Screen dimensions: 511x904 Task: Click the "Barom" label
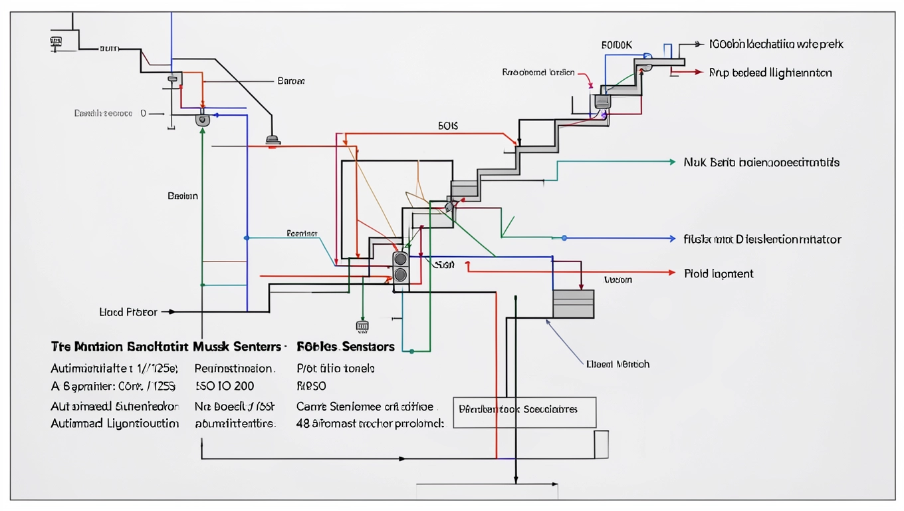point(290,81)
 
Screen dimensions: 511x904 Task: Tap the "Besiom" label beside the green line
point(183,196)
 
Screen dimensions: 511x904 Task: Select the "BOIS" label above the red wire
point(448,125)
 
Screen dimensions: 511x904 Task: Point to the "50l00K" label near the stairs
point(616,45)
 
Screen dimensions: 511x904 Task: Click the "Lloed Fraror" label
point(128,311)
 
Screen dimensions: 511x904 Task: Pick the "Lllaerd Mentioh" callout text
point(618,364)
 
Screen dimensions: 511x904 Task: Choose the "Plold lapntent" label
point(719,273)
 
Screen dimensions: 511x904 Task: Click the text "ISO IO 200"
point(225,386)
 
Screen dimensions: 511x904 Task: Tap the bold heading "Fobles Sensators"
point(346,347)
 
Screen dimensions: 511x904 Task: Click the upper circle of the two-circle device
point(400,259)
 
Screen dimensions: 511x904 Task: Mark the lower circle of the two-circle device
point(400,273)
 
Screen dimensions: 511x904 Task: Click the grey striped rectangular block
point(573,304)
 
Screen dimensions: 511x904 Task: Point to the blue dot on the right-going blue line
point(564,238)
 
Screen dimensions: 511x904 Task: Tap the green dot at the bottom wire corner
point(412,351)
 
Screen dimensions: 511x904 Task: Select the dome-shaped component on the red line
point(273,140)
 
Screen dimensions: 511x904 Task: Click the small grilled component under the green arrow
point(362,326)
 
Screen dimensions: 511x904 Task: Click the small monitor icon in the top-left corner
point(55,42)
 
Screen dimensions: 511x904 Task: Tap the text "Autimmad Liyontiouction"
point(115,423)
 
